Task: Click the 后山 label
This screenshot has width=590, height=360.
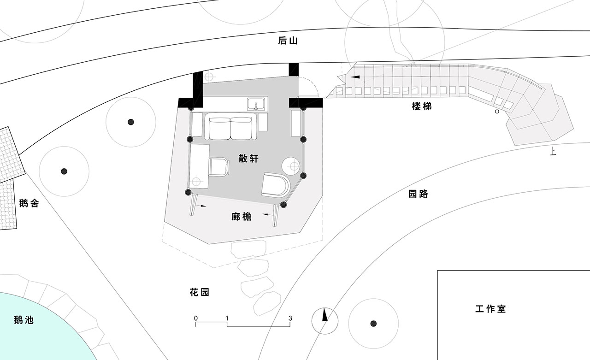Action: point(288,41)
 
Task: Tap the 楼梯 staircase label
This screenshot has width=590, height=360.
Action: point(422,106)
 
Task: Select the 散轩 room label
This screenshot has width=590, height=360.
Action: point(248,159)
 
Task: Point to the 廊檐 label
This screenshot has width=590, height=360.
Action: point(242,217)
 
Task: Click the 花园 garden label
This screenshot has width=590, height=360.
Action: point(200,292)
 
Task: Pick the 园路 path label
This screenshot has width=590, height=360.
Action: point(418,194)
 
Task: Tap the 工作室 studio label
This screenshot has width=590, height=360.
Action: point(491,309)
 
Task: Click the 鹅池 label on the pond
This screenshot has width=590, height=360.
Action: point(24,320)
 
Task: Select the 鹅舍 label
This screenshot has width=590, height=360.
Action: point(29,203)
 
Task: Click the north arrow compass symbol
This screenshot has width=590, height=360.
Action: point(325,321)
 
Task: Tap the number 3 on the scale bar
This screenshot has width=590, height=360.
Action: point(290,318)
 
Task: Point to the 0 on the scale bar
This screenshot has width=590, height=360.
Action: point(196,318)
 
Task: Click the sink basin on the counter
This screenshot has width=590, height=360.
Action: point(256,104)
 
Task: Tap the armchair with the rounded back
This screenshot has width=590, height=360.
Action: point(276,185)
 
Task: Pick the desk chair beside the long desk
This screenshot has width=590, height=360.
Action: point(219,167)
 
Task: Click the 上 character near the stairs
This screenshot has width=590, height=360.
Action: point(553,152)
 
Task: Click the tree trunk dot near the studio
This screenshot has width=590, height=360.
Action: point(373,324)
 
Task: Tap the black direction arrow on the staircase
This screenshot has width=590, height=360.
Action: point(355,77)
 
